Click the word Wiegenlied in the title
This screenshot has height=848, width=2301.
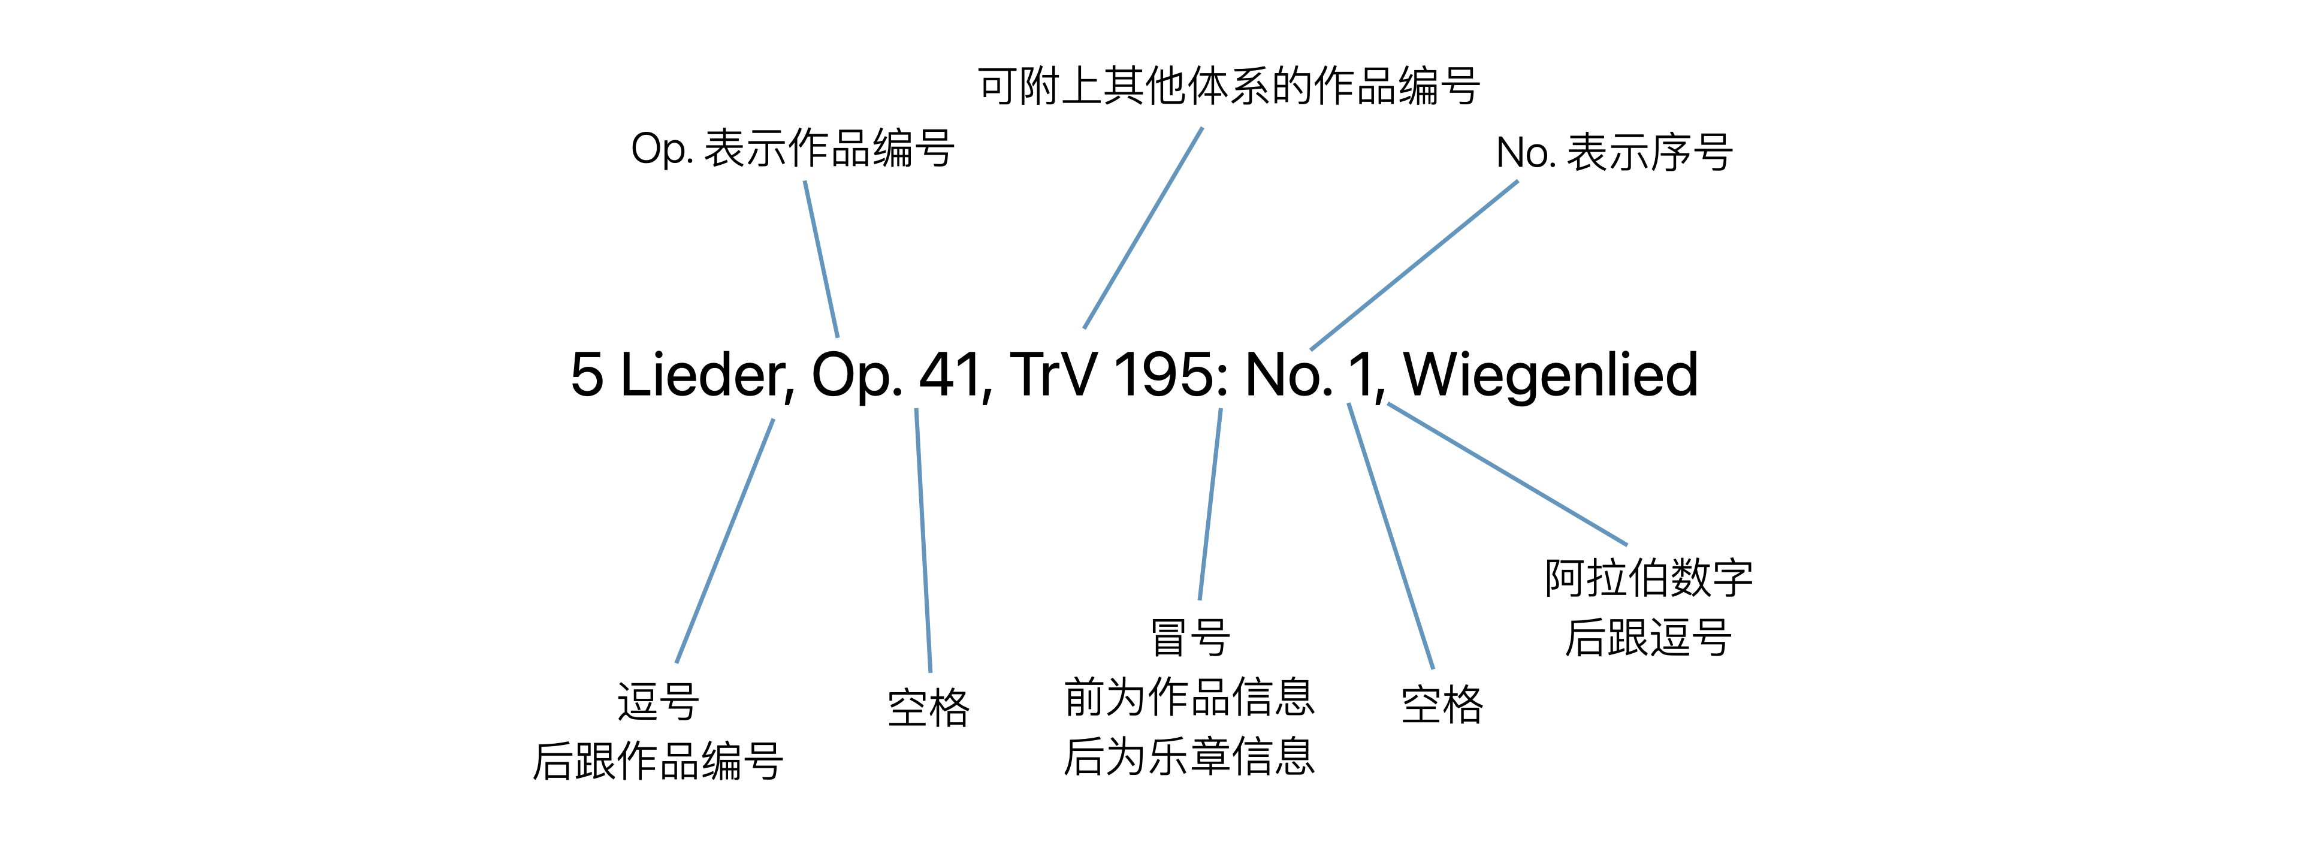pyautogui.click(x=1551, y=375)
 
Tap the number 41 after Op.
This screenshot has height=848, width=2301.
pyautogui.click(x=953, y=375)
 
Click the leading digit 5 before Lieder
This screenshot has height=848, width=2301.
pyautogui.click(x=587, y=375)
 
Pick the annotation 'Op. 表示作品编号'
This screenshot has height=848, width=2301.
pyautogui.click(x=792, y=149)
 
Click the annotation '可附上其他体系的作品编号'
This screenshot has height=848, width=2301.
pyautogui.click(x=1228, y=87)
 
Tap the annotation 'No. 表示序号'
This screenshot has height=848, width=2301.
pyautogui.click(x=1614, y=153)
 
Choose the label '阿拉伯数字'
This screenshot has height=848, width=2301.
pyautogui.click(x=1648, y=578)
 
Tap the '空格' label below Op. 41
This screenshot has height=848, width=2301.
pyautogui.click(x=928, y=708)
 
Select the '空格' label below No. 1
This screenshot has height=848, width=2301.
pyautogui.click(x=1442, y=705)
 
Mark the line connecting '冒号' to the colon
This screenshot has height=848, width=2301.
pyautogui.click(x=1210, y=504)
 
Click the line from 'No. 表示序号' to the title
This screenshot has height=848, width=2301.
pyautogui.click(x=1414, y=264)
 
